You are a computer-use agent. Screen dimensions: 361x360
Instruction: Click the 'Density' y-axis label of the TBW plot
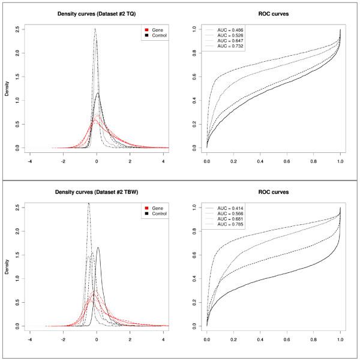(x=7, y=265)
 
